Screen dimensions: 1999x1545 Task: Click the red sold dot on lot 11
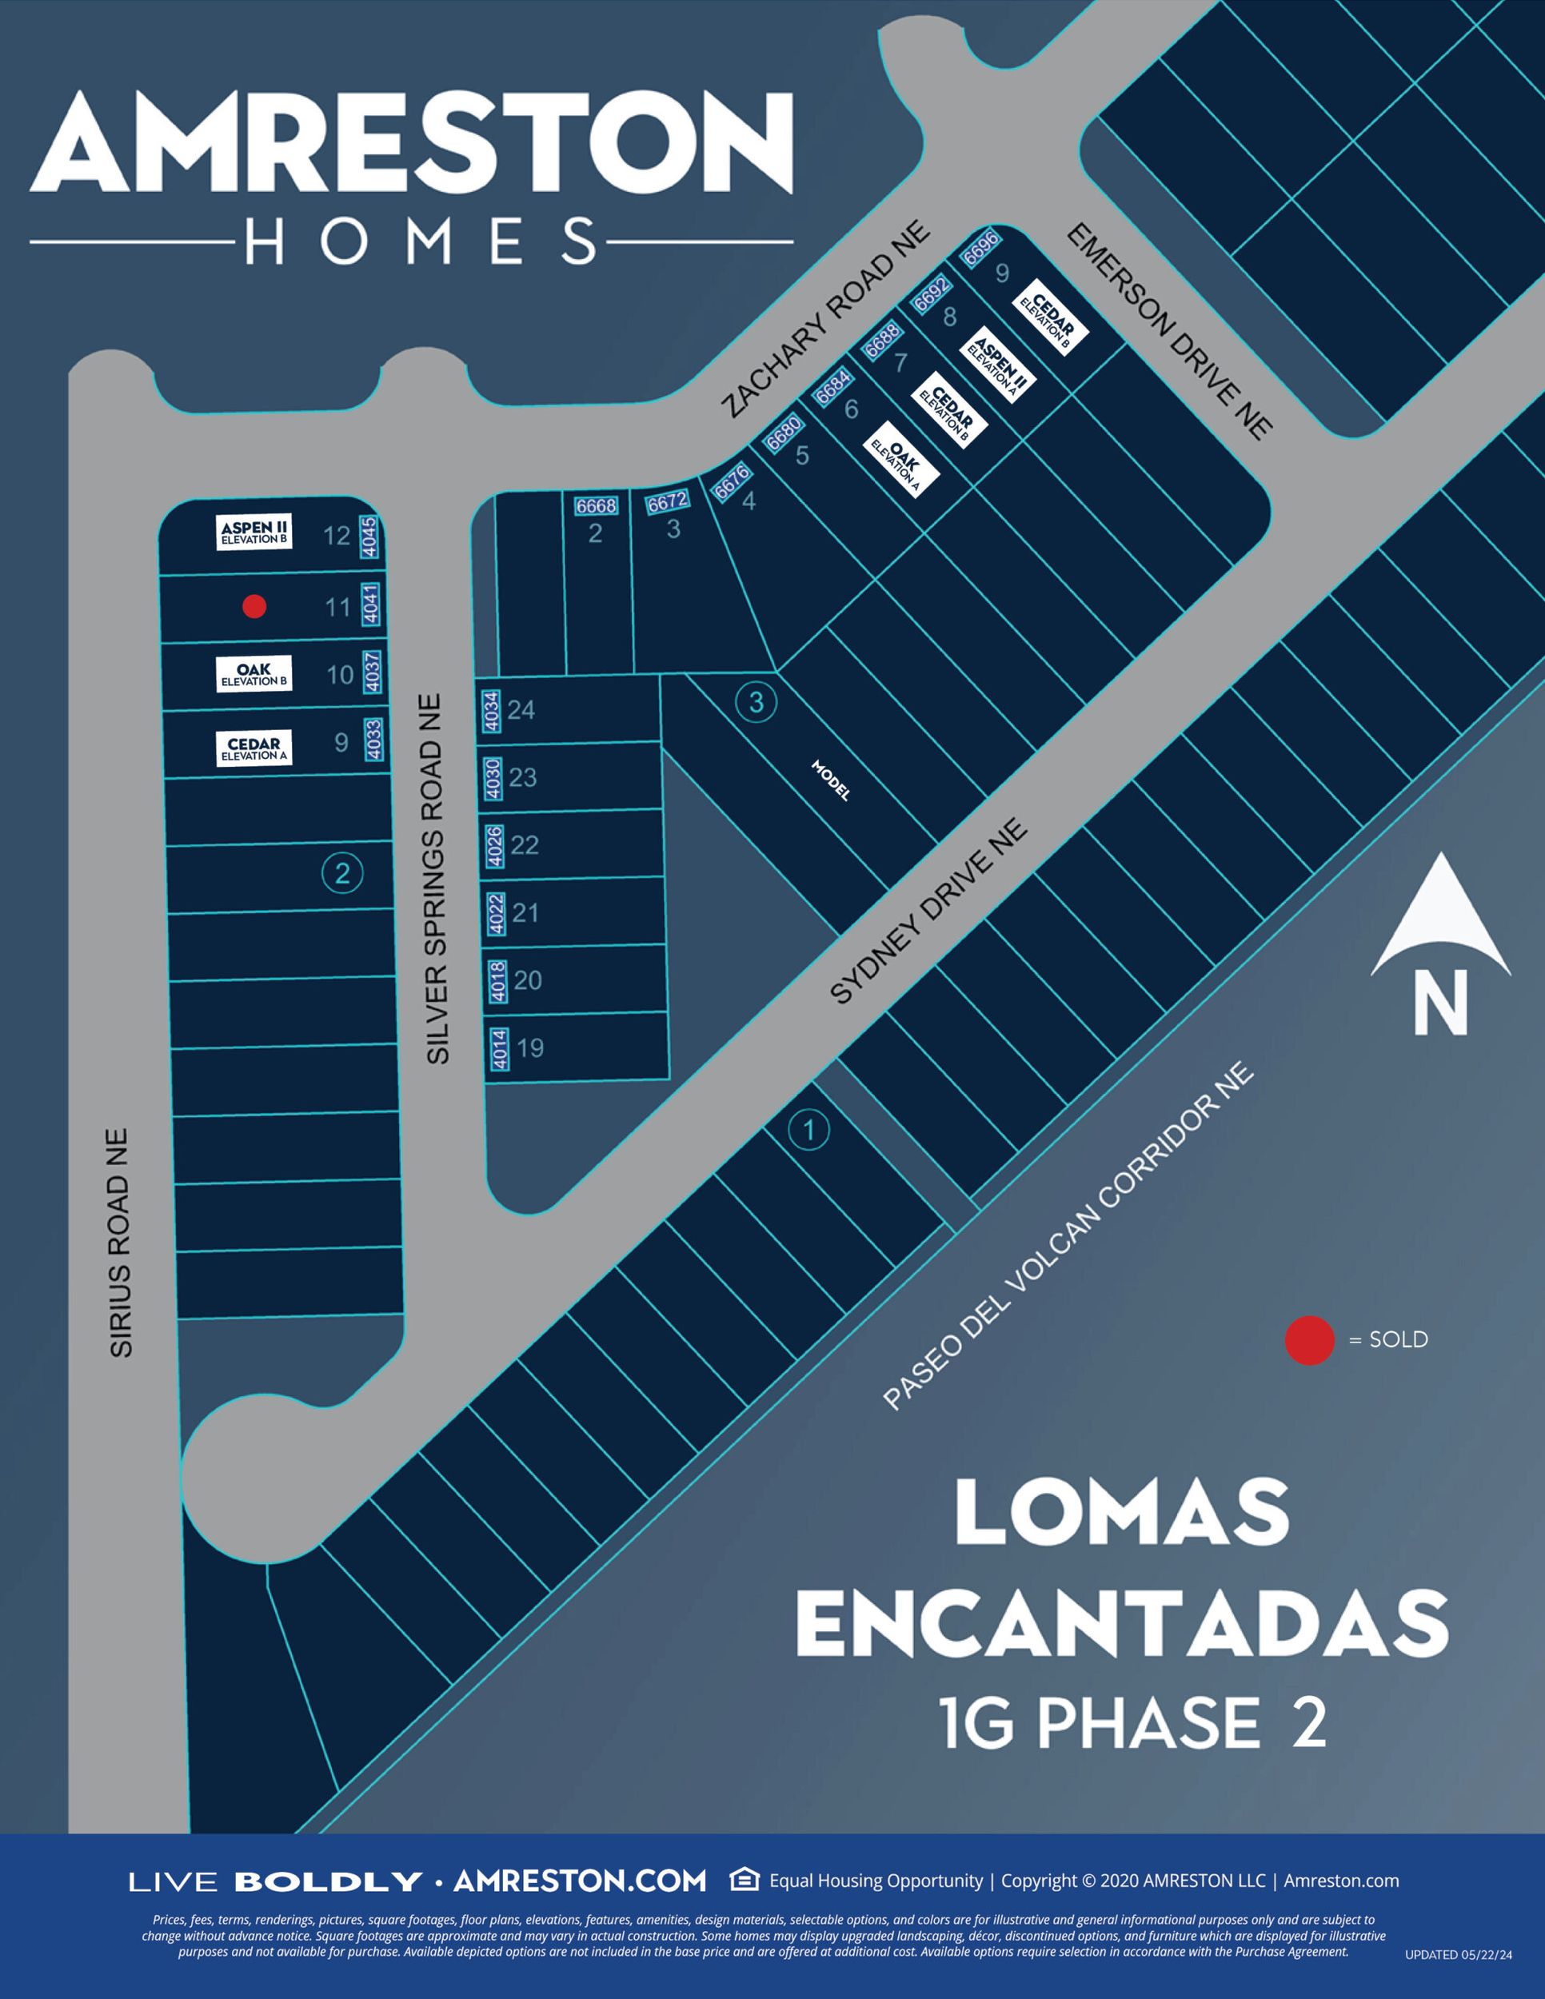pos(254,606)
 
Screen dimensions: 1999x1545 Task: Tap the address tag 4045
pos(369,537)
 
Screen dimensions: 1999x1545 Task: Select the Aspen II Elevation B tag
pos(254,532)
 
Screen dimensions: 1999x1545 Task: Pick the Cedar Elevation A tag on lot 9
pos(254,748)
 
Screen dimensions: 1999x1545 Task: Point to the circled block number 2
pos(342,873)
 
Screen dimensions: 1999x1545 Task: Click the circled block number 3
pos(756,702)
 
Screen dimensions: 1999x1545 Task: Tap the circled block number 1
pos(808,1131)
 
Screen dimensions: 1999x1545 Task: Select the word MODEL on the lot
pos(830,780)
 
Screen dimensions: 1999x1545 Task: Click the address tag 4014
pos(499,1049)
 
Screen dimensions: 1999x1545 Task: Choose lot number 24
pos(521,709)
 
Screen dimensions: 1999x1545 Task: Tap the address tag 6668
pos(596,505)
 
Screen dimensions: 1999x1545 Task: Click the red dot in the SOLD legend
pos(1309,1340)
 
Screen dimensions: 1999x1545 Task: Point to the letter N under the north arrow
pos(1439,1001)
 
